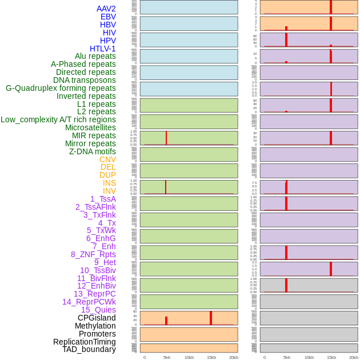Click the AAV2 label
(x=106, y=9)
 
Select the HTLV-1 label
(x=102, y=49)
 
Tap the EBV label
(x=108, y=17)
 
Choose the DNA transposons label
(x=85, y=80)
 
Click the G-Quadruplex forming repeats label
(x=61, y=88)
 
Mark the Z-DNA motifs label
(x=92, y=151)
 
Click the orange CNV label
(x=107, y=159)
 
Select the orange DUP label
(x=107, y=175)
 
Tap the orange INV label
(x=109, y=191)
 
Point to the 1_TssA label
(x=103, y=199)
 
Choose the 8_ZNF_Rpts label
(x=93, y=254)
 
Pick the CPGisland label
(x=97, y=318)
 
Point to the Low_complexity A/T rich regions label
(x=58, y=119)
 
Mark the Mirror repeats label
(x=90, y=143)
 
